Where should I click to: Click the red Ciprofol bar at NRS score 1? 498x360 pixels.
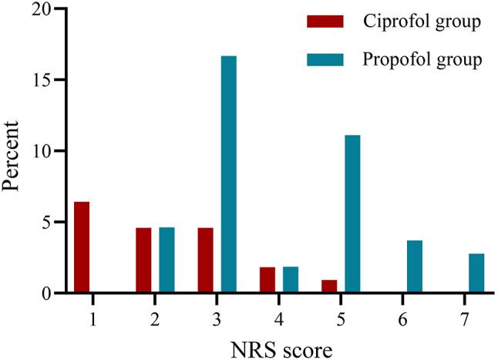click(81, 247)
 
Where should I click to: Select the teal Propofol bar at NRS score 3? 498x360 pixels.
click(229, 174)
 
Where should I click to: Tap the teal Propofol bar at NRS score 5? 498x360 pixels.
click(352, 214)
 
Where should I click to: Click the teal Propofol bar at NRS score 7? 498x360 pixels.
click(476, 274)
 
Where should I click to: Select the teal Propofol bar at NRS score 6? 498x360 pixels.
click(415, 267)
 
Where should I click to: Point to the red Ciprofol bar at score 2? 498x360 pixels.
click(143, 261)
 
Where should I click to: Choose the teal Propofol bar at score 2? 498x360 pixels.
click(167, 261)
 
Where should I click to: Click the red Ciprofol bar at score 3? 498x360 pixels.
click(206, 261)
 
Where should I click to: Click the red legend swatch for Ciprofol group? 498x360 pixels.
click(323, 21)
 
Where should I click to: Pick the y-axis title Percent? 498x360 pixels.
click(13, 151)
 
